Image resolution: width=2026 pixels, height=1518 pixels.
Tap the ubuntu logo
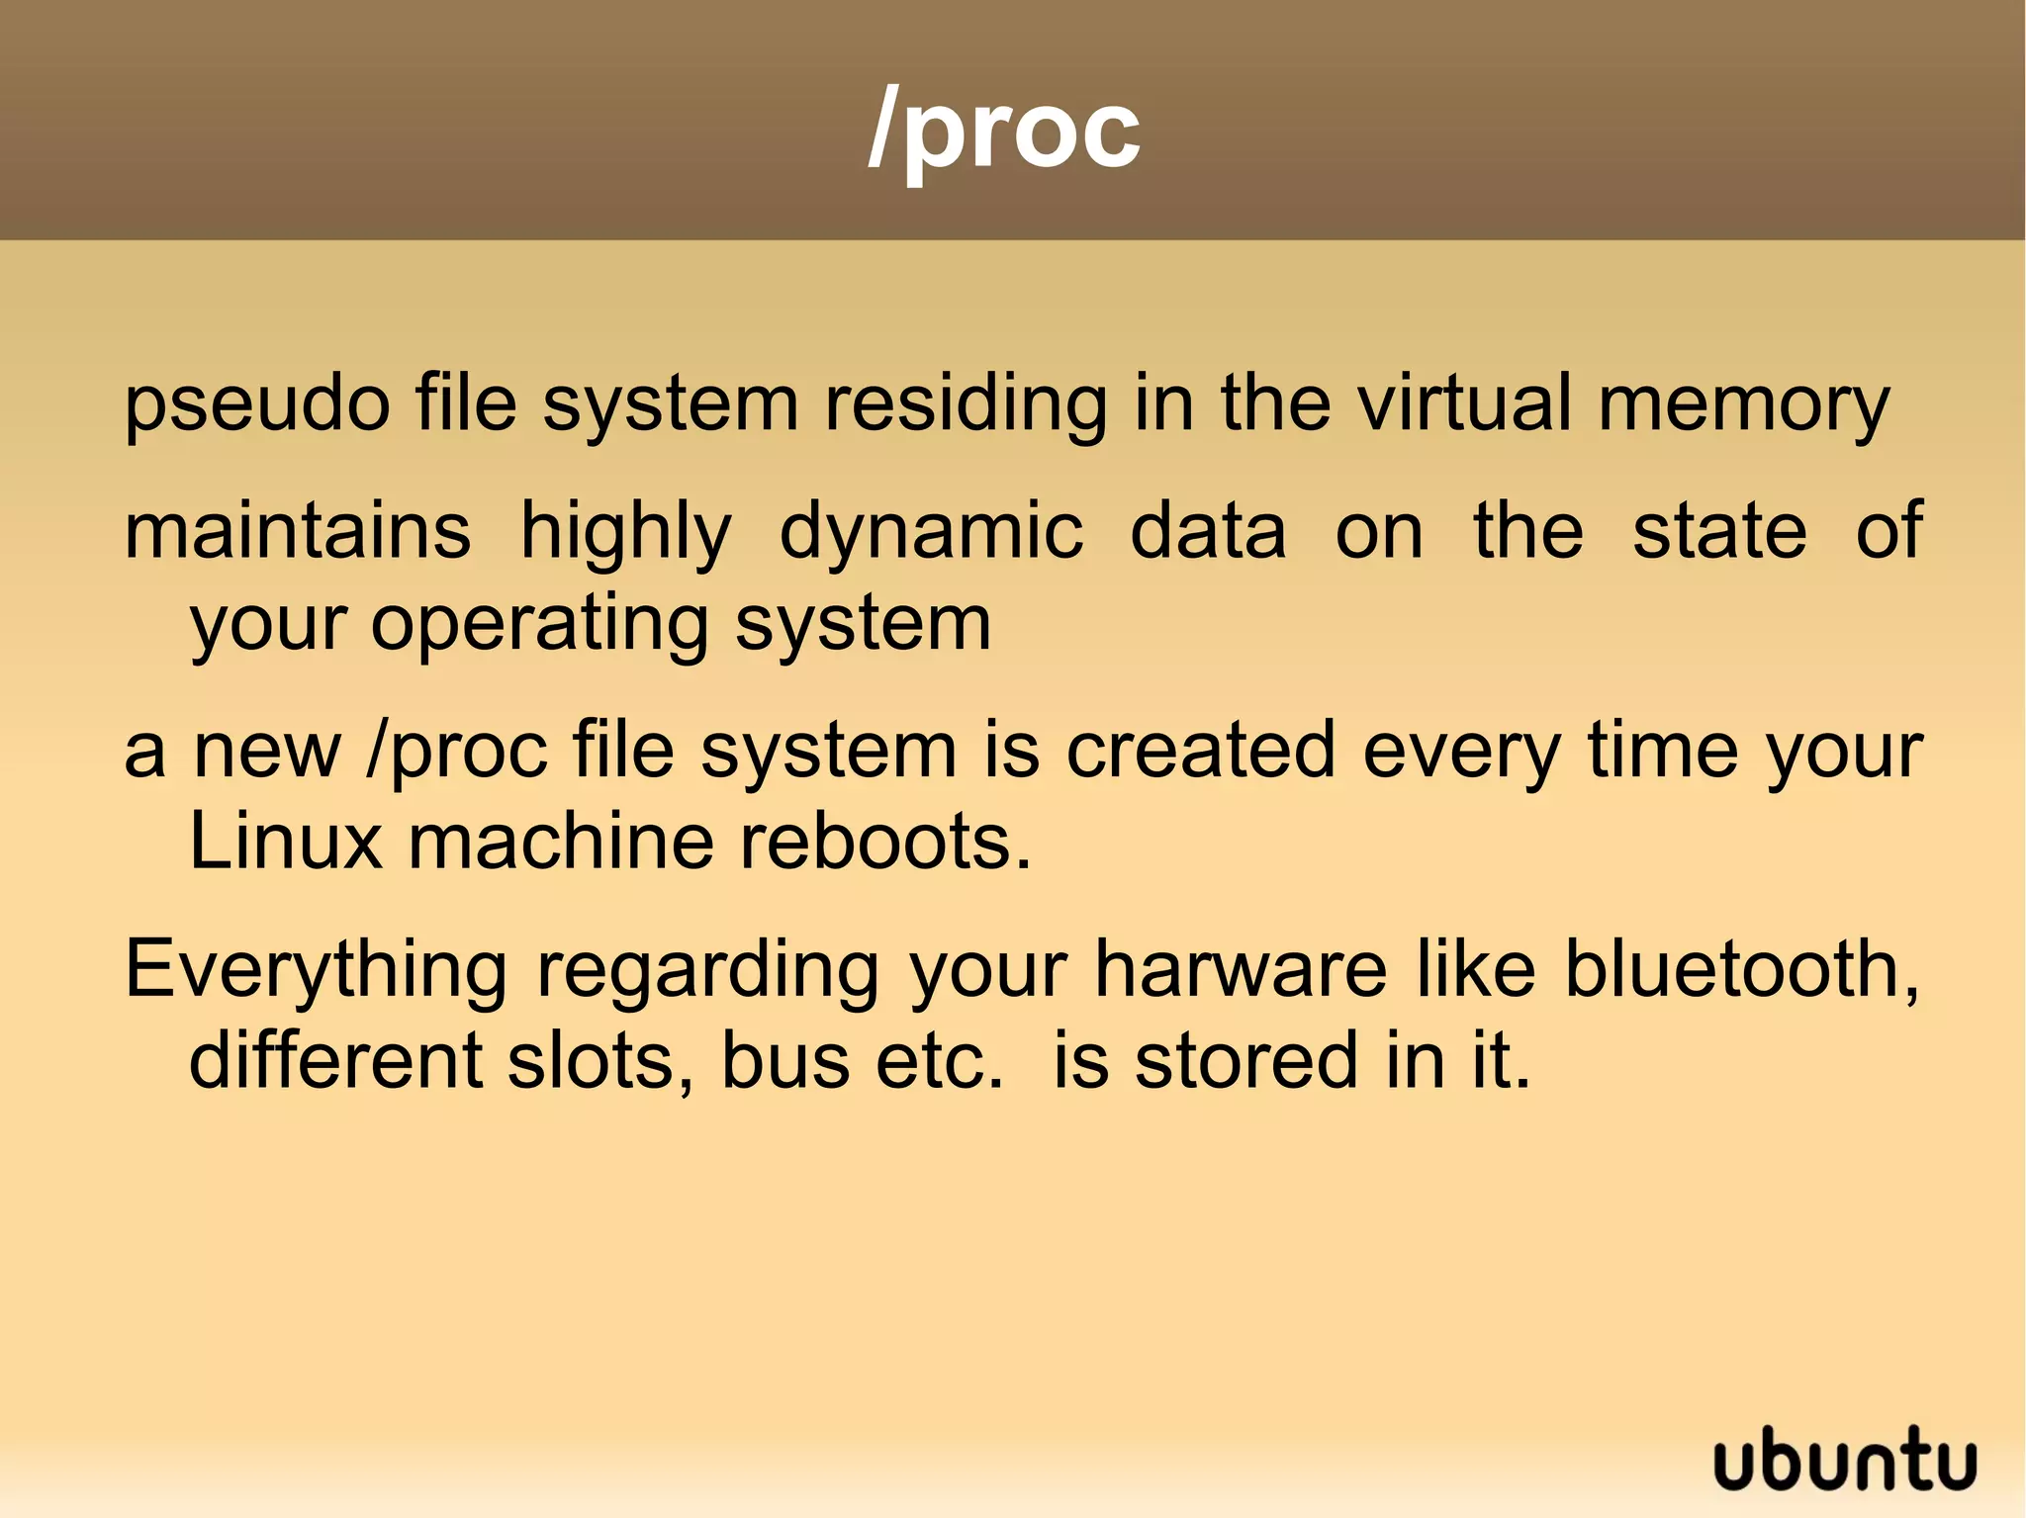[x=1845, y=1461]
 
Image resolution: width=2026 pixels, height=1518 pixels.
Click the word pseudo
[x=257, y=405]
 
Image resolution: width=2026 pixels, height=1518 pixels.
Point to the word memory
[x=1743, y=405]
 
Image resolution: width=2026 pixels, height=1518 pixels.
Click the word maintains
[x=298, y=530]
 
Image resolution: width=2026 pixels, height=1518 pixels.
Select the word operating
[x=539, y=625]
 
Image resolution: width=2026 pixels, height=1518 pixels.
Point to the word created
[x=1201, y=750]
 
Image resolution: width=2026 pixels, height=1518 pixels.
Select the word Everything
[x=316, y=970]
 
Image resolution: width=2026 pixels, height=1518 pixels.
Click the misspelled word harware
[x=1241, y=968]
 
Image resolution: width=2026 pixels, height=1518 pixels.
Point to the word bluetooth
[x=1741, y=968]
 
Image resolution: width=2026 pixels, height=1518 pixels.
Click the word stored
[x=1246, y=1060]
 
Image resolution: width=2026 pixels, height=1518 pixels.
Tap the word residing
[x=966, y=405]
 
